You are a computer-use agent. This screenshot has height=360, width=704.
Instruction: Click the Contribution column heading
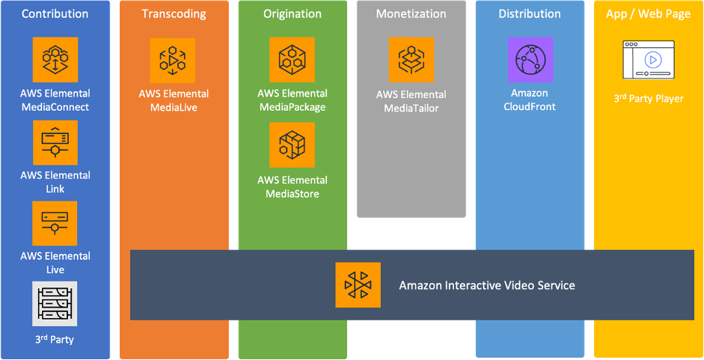(55, 14)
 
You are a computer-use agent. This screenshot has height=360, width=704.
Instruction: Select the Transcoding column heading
(174, 14)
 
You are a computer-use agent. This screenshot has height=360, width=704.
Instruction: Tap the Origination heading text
(292, 14)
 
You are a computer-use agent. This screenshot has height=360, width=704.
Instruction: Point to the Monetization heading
(411, 14)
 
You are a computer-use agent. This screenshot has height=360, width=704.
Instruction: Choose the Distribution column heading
(530, 14)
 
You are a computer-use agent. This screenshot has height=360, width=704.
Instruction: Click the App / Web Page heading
(649, 14)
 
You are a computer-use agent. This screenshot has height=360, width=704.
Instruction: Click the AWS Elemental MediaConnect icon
(55, 61)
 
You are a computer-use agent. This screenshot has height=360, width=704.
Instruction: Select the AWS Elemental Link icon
(55, 142)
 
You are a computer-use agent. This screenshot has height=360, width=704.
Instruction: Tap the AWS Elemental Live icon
(55, 223)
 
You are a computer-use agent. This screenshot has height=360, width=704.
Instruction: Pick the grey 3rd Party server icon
(55, 304)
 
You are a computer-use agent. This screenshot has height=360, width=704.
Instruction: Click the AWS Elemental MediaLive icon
(174, 61)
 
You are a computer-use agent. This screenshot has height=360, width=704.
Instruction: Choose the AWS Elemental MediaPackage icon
(292, 60)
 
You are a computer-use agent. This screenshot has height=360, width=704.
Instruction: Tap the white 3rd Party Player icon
(649, 60)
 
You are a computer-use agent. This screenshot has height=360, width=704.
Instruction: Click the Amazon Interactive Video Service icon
(358, 285)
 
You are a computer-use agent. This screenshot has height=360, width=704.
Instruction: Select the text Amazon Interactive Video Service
(487, 285)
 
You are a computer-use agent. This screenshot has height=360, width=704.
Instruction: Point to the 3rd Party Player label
(649, 99)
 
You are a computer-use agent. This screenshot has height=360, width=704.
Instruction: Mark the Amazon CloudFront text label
(530, 100)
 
